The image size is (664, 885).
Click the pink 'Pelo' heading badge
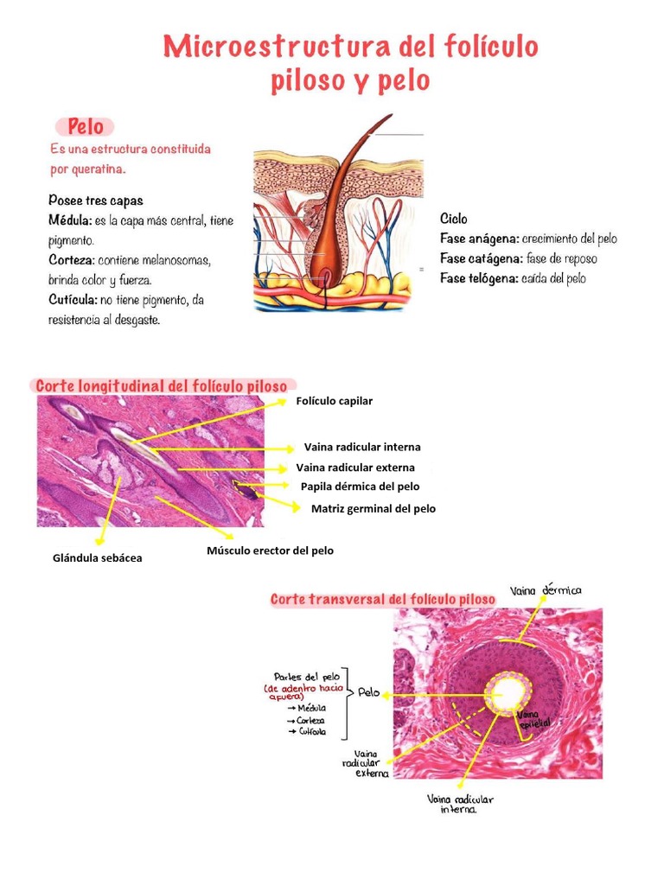tap(86, 127)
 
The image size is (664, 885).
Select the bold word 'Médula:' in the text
tap(70, 220)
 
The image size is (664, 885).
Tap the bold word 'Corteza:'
tap(72, 260)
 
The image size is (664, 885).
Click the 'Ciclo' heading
tap(453, 219)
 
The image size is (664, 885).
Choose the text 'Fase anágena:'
tap(479, 239)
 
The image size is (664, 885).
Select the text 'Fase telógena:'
tap(479, 278)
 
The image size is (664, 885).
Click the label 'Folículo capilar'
tap(335, 401)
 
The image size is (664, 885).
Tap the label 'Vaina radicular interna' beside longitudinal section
tap(362, 447)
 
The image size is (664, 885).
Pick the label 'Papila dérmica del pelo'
tap(360, 487)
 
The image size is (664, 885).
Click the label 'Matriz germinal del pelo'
tap(373, 509)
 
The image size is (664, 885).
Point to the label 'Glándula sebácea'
tap(98, 558)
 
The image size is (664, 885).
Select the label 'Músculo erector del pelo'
tap(270, 551)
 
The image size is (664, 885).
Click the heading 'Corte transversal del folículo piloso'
tap(383, 599)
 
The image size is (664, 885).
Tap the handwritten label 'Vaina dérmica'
tap(546, 591)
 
